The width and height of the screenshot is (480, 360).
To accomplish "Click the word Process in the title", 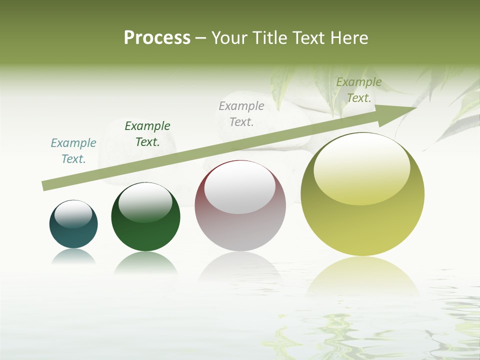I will pyautogui.click(x=157, y=37).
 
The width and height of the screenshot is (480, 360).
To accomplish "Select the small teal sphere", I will pyautogui.click(x=73, y=235).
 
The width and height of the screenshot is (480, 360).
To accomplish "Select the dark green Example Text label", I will pyautogui.click(x=147, y=134).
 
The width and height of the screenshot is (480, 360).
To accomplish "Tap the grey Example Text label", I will pyautogui.click(x=241, y=113).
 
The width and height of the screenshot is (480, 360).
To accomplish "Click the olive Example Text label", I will pyautogui.click(x=359, y=90).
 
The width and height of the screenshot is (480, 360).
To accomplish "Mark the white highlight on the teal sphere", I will pyautogui.click(x=73, y=214).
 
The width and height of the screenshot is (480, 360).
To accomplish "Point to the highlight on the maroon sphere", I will pyautogui.click(x=240, y=187).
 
